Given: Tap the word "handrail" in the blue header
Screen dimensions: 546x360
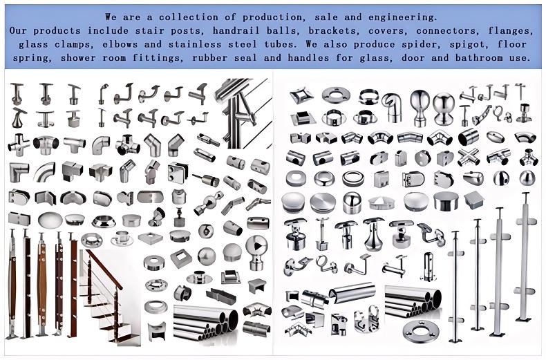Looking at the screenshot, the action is tap(236, 31).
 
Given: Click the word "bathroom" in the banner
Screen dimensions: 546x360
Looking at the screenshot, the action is tap(479, 58).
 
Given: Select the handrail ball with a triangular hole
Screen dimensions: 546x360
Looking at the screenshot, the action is tap(256, 252).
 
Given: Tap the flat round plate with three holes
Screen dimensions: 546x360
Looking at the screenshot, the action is tap(420, 330).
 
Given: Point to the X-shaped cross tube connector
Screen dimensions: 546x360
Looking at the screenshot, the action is tap(469, 157).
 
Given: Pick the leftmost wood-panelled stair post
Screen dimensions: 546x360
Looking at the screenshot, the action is tap(12, 284).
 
